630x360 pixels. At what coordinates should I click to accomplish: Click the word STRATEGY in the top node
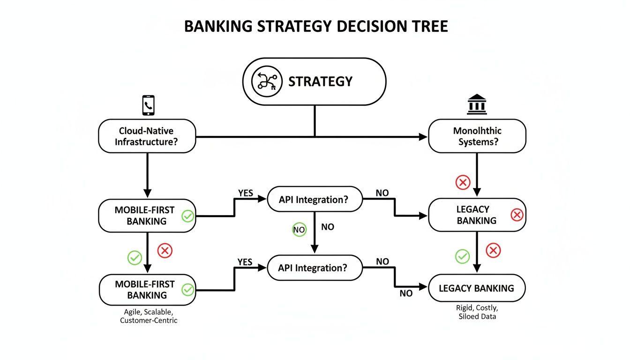click(320, 82)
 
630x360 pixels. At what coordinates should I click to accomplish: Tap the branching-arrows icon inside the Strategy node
click(267, 82)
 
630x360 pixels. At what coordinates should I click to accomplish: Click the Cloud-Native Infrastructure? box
click(147, 136)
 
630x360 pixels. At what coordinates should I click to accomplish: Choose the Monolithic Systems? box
click(477, 136)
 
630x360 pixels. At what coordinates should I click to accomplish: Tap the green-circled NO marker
click(299, 230)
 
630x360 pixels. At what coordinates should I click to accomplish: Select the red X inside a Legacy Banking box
click(517, 215)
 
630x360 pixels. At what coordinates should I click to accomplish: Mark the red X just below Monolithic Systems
click(463, 182)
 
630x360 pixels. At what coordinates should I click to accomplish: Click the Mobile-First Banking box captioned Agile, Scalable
click(147, 290)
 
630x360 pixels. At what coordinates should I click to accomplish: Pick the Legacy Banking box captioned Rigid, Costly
click(477, 288)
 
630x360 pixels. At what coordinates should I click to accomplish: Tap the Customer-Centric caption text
click(149, 321)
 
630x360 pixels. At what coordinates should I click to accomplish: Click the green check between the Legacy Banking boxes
click(462, 256)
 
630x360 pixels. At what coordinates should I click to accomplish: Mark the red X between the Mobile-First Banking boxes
click(165, 251)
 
